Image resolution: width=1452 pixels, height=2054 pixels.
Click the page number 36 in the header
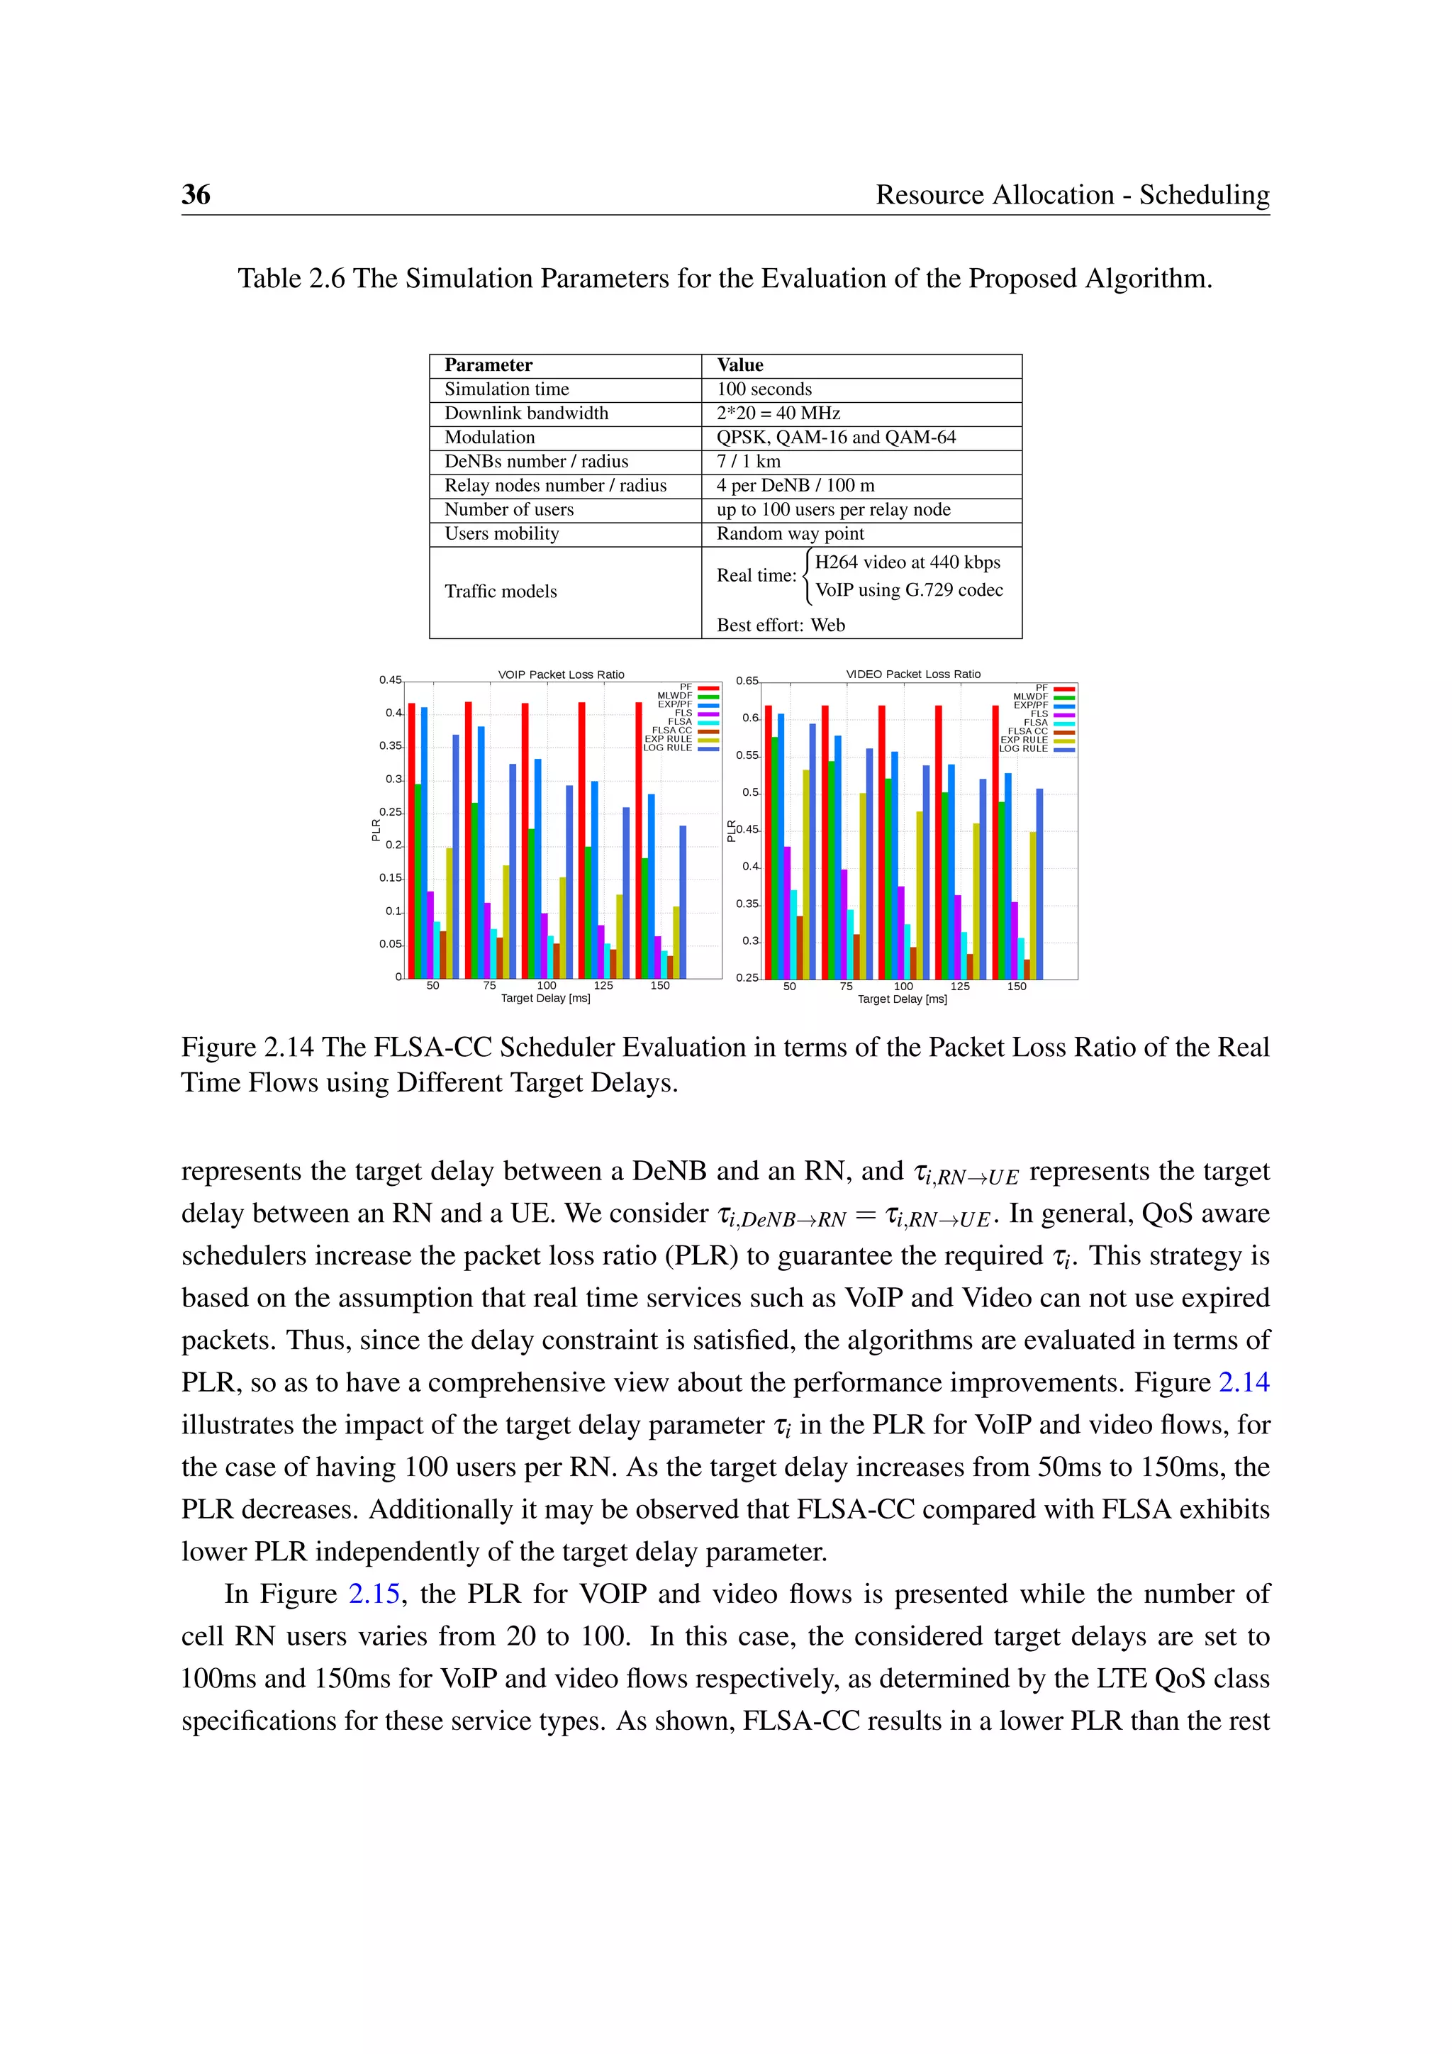(196, 194)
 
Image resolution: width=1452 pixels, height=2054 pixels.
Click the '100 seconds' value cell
(764, 389)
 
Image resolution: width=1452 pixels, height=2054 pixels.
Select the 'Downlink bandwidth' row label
(526, 413)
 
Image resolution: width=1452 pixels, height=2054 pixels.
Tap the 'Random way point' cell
(790, 534)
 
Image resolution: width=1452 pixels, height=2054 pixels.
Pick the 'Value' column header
(739, 365)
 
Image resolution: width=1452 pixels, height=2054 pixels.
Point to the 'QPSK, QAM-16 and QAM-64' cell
(835, 438)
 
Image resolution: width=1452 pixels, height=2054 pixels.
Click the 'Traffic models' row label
(500, 592)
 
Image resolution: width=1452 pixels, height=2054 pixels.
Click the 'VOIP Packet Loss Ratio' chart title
(561, 675)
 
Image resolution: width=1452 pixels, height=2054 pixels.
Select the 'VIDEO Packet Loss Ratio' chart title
(913, 675)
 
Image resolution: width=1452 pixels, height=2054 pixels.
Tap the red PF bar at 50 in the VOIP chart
(411, 841)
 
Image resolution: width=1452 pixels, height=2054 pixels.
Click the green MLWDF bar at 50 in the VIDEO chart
(774, 857)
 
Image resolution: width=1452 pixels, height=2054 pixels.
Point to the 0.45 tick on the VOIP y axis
(390, 681)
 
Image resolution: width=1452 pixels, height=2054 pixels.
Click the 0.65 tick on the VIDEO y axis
(747, 682)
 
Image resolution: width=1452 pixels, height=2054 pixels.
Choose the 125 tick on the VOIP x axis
(603, 986)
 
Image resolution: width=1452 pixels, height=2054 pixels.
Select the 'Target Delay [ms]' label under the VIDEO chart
(901, 999)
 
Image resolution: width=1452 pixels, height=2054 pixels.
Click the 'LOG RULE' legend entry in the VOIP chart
(668, 748)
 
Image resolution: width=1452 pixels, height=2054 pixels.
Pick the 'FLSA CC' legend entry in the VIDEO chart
(1027, 732)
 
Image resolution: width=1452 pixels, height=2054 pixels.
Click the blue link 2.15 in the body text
(374, 1595)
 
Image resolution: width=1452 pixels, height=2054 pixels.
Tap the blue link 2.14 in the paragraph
(1244, 1383)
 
